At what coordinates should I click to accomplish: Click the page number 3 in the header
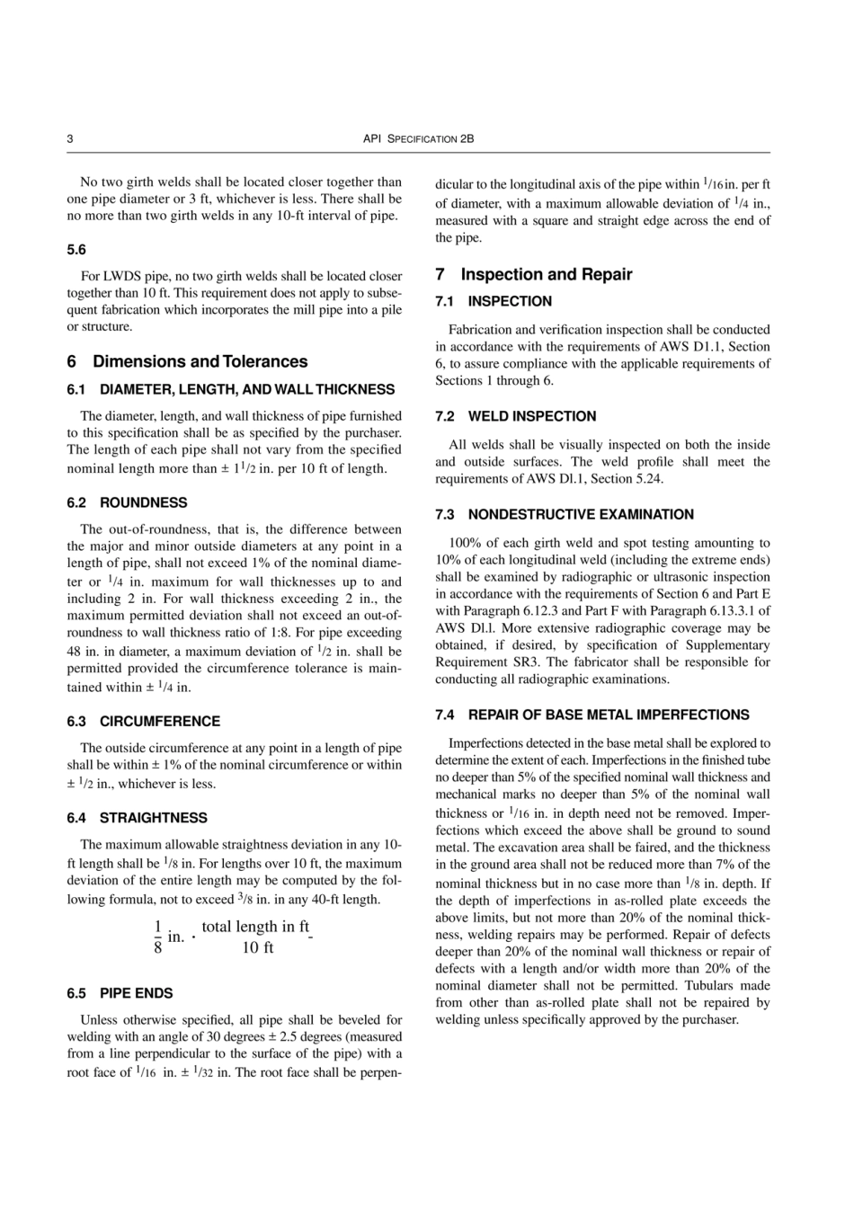click(x=70, y=139)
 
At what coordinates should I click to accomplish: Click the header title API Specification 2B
click(x=418, y=139)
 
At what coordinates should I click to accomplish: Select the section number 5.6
click(x=76, y=249)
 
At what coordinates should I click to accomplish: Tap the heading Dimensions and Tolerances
click(x=200, y=361)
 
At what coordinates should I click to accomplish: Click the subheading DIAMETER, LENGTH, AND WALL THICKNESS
click(x=247, y=389)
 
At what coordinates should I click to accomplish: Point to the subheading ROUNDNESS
click(x=143, y=502)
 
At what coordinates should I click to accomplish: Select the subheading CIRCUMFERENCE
click(x=159, y=721)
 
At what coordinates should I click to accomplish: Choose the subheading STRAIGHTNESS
click(x=153, y=818)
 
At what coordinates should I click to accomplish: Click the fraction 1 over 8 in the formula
click(x=158, y=937)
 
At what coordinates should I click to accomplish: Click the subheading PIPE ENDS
click(x=136, y=993)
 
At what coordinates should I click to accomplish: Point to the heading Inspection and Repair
click(x=547, y=274)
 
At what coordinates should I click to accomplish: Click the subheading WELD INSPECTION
click(x=531, y=416)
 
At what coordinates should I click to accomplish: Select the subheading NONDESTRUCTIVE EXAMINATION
click(x=581, y=514)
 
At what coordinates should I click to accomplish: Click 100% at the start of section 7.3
click(x=463, y=543)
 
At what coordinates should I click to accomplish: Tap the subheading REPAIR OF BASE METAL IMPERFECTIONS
click(x=609, y=715)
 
